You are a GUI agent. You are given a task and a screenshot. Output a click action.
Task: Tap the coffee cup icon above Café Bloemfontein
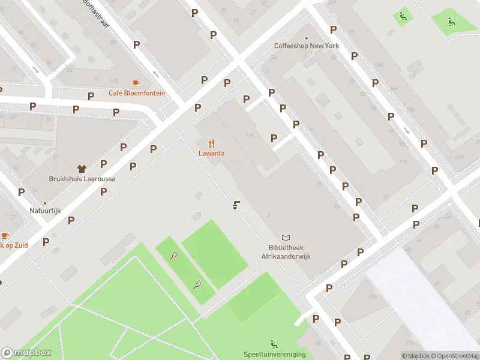coord(137,83)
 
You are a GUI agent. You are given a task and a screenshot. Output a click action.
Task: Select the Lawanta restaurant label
coord(212,153)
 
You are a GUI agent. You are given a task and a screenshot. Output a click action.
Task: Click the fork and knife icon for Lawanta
coord(212,143)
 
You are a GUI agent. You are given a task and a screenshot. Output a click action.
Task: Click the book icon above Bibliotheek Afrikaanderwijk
coord(286,238)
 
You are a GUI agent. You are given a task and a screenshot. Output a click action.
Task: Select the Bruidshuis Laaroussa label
coord(82,179)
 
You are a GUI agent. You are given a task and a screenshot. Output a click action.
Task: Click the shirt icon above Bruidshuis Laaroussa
coord(82,169)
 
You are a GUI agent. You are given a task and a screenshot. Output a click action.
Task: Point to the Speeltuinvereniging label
coord(274,354)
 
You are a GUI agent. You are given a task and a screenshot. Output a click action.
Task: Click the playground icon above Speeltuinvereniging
coord(274,344)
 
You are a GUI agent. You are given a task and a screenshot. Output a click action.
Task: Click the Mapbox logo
coord(26,353)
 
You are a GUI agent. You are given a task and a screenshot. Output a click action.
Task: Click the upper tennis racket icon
coord(173,256)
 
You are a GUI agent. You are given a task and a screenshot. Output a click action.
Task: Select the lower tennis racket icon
coord(197,286)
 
